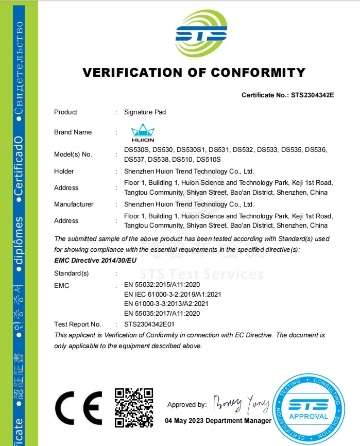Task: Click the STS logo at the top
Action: [x=201, y=34]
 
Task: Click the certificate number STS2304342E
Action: [x=313, y=95]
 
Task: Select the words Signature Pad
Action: [x=145, y=112]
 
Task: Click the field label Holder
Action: [x=64, y=171]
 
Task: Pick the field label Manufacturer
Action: [x=74, y=204]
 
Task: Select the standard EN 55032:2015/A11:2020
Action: [x=162, y=285]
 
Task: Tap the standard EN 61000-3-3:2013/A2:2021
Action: [x=166, y=304]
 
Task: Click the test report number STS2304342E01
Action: [x=150, y=324]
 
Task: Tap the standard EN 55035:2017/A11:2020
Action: [x=162, y=313]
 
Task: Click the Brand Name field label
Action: [x=73, y=132]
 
